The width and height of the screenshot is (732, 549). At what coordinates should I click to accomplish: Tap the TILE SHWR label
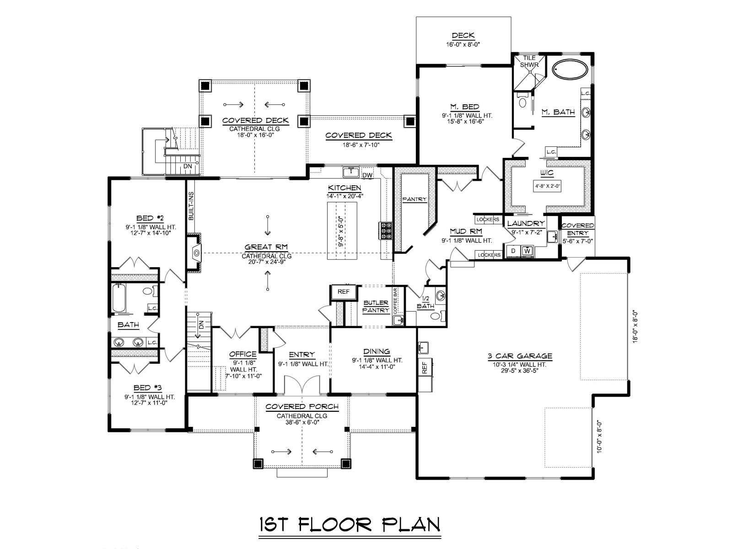click(529, 61)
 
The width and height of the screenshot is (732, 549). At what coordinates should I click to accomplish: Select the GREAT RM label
click(266, 247)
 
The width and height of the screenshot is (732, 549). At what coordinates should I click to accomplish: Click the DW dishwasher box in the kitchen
click(367, 175)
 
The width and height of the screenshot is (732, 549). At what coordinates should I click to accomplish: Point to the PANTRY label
click(414, 199)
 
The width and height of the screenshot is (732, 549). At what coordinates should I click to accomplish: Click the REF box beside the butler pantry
click(344, 292)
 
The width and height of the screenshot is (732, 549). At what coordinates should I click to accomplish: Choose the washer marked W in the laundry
click(527, 251)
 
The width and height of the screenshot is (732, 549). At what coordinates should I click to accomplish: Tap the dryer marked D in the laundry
click(514, 251)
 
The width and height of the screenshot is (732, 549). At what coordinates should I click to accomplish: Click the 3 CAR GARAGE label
click(520, 356)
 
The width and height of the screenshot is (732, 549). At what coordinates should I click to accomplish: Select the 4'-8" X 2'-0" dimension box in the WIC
click(547, 186)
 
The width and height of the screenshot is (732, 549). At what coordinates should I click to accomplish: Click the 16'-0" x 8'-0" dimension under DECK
click(463, 43)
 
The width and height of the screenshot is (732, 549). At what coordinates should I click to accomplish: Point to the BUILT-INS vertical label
click(191, 206)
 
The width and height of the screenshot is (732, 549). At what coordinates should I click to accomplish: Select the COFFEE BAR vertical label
click(396, 301)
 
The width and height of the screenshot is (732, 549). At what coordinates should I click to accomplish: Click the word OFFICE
click(243, 354)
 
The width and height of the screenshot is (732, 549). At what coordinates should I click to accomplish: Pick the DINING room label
click(377, 351)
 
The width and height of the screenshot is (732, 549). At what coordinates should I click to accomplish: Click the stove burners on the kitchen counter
click(382, 231)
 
